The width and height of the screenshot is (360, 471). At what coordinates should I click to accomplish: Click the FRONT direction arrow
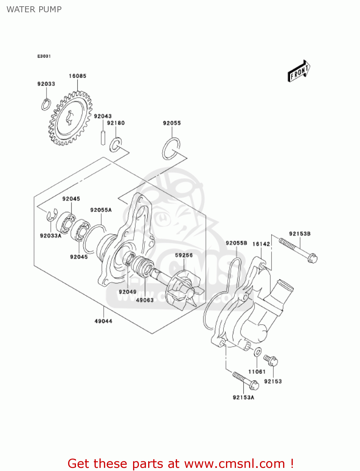[299, 71]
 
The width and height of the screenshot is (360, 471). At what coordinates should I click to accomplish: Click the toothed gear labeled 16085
[70, 118]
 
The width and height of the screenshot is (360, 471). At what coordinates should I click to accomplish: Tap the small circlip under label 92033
[46, 104]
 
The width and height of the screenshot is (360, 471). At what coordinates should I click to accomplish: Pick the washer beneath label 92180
[115, 144]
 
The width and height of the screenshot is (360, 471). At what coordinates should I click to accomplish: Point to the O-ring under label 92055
[171, 148]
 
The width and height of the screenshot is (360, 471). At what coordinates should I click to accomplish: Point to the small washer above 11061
[257, 352]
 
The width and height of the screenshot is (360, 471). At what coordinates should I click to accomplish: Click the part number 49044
[103, 321]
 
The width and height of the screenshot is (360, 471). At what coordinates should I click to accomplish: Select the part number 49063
[145, 300]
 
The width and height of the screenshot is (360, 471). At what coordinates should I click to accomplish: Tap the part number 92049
[127, 292]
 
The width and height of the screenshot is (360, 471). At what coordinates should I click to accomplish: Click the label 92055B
[236, 243]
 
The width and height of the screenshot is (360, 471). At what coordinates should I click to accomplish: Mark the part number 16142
[261, 244]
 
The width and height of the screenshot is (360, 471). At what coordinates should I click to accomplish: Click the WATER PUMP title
[34, 9]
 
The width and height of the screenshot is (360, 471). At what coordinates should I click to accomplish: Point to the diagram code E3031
[44, 56]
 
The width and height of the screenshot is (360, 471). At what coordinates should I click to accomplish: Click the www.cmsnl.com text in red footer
[234, 463]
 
